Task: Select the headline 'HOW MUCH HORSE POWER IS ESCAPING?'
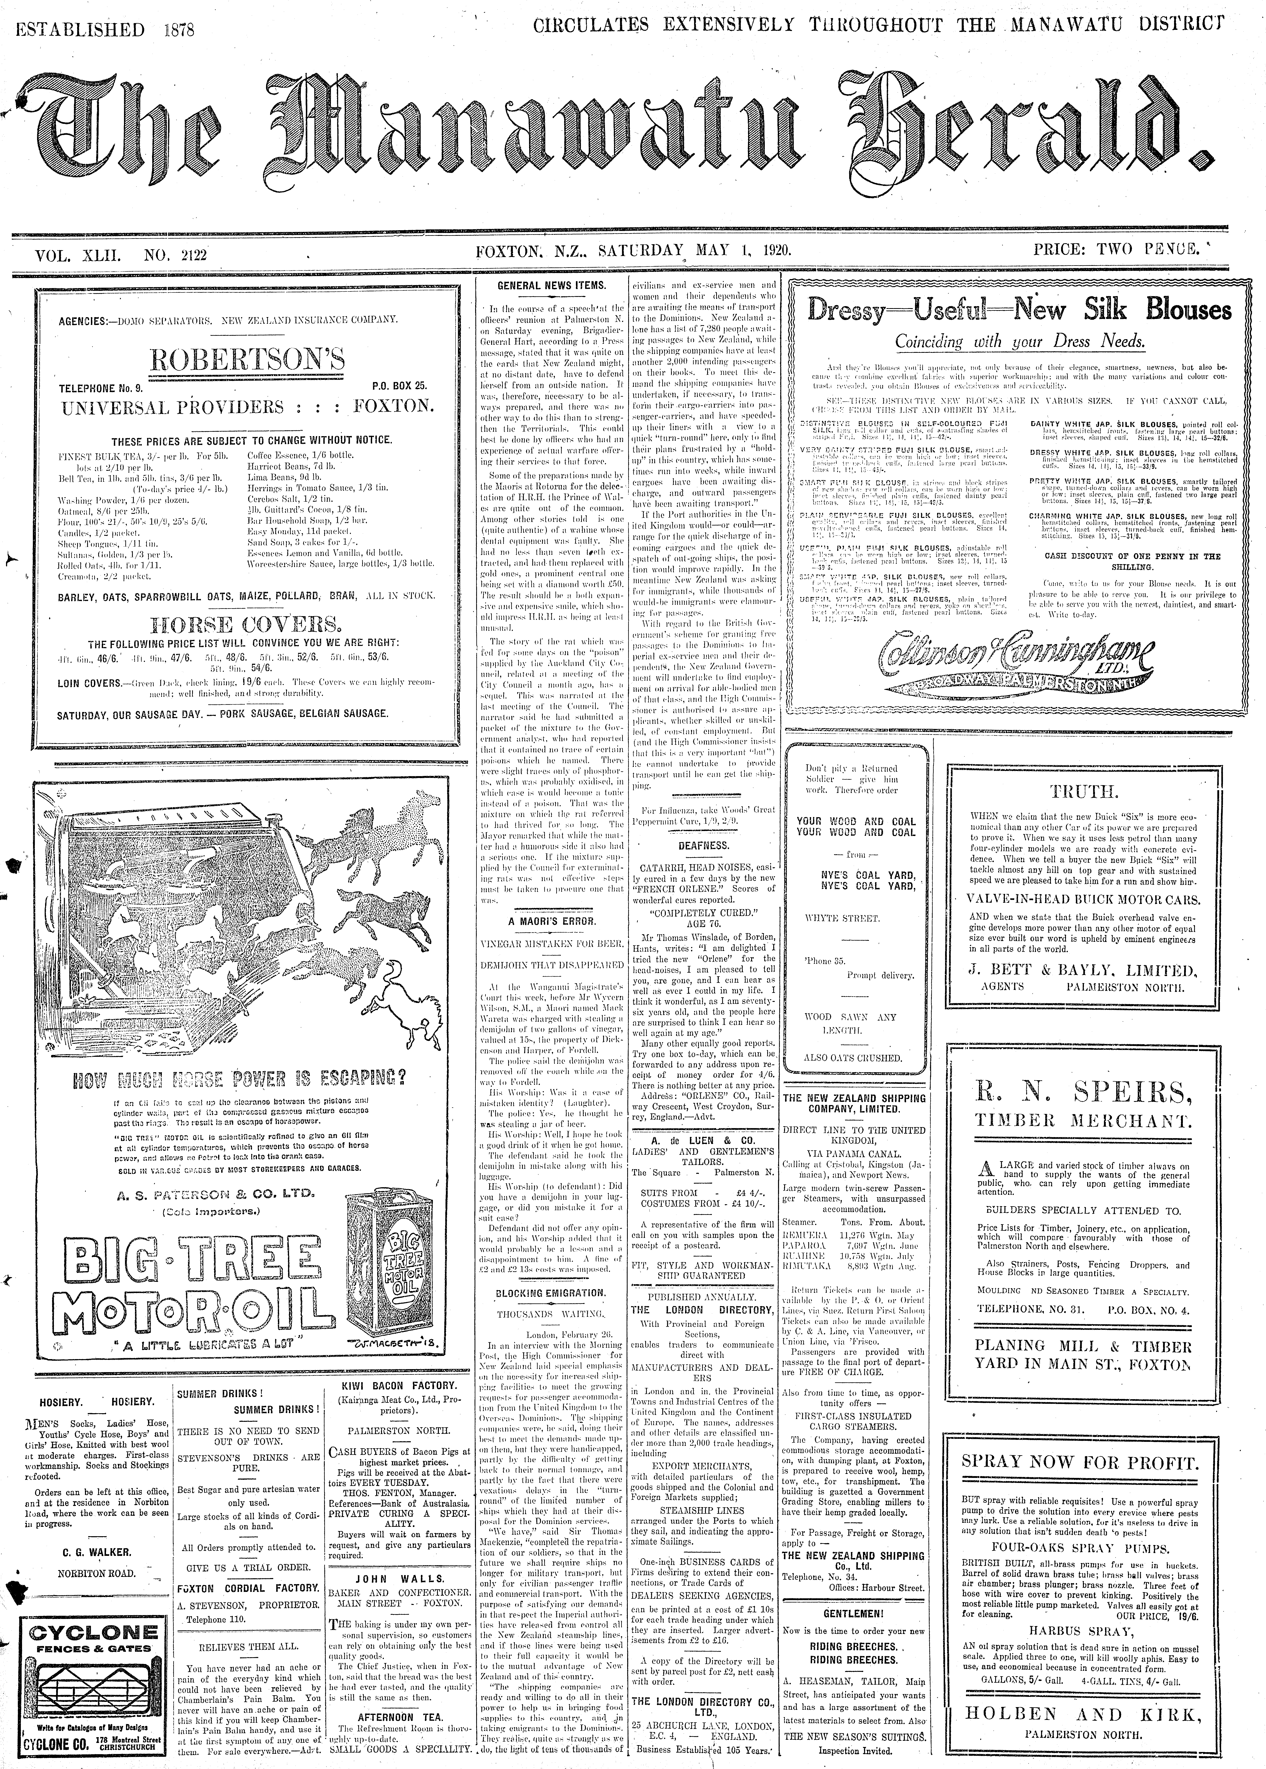click(239, 1080)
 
